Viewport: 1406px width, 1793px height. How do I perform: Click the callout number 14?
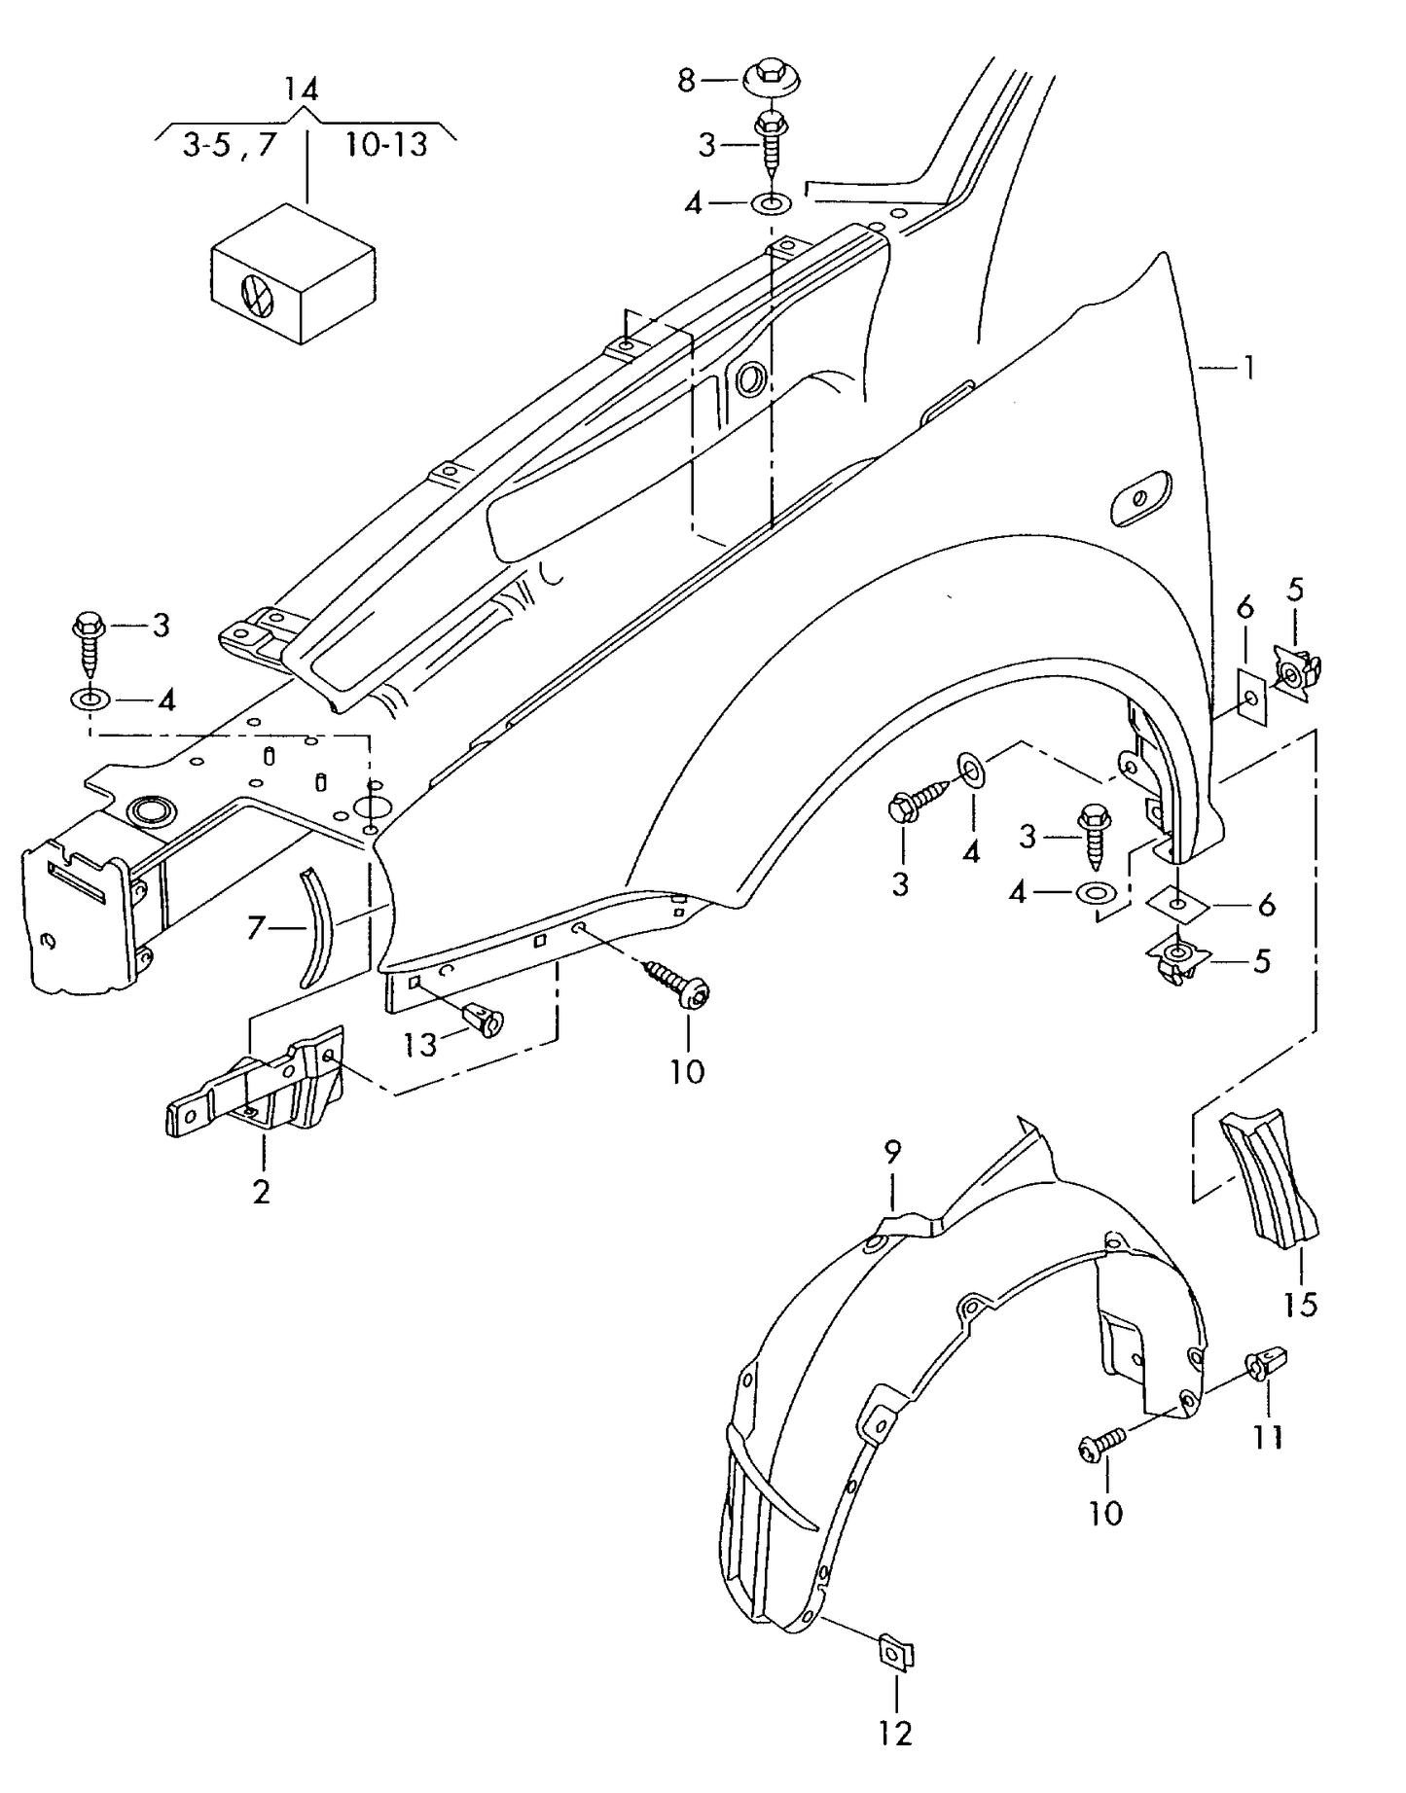tap(301, 90)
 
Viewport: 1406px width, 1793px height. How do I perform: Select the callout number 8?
tap(686, 81)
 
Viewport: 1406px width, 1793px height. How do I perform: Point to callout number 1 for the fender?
tap(1246, 368)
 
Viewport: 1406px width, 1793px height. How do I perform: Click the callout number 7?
tap(255, 928)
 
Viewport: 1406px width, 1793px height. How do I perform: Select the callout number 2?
tap(261, 1192)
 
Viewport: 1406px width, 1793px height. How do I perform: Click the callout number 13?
tap(421, 1045)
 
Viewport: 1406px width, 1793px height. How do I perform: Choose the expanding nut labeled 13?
tap(485, 1020)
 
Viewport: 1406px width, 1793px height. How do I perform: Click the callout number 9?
tap(892, 1152)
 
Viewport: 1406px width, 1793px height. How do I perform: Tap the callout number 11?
tap(1268, 1437)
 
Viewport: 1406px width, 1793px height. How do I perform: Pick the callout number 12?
tap(894, 1733)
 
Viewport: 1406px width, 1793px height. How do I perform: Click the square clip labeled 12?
tap(895, 1653)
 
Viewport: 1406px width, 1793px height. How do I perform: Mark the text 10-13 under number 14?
tap(385, 145)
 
